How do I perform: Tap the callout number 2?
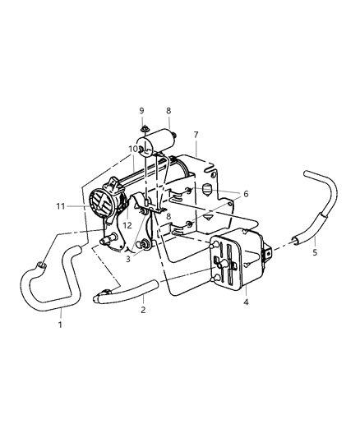pos(143,311)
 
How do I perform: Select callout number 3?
pos(128,259)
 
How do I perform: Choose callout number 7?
pos(195,135)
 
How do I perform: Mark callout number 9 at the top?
pos(142,110)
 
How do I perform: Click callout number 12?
pos(127,225)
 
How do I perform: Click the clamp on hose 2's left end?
pos(104,290)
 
